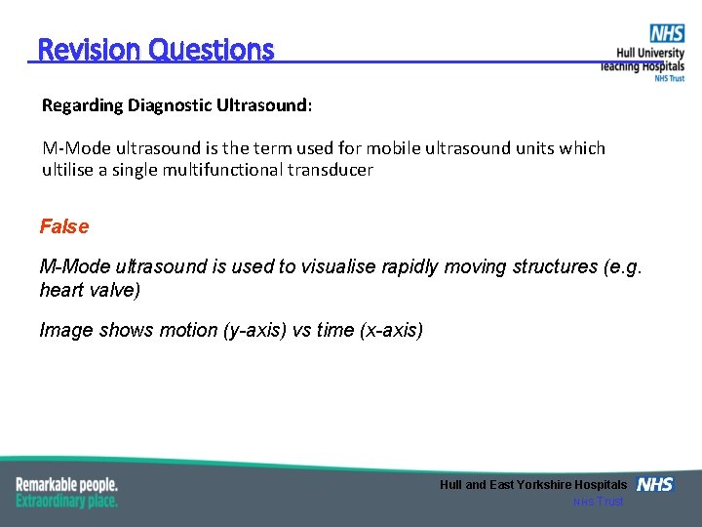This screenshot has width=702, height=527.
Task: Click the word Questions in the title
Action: point(212,50)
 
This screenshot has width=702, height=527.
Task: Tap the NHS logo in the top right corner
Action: point(668,34)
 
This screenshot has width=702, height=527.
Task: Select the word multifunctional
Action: point(244,169)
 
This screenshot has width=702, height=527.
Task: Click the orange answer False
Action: point(64,226)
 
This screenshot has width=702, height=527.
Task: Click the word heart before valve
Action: point(60,291)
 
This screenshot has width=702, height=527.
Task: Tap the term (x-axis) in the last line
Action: point(392,330)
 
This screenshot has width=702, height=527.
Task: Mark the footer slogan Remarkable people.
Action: point(66,484)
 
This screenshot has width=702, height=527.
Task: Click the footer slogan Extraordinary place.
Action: point(66,501)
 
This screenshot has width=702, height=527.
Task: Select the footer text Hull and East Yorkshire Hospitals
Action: point(533,485)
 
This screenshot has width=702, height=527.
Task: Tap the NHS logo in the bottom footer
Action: point(654,485)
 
